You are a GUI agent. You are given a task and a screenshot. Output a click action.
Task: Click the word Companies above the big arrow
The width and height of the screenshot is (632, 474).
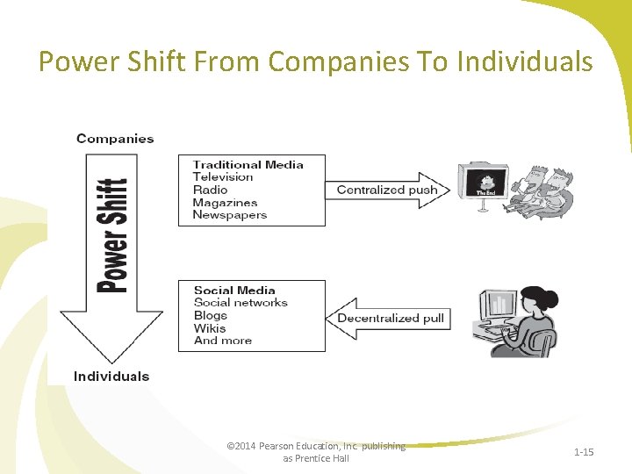pos(115,139)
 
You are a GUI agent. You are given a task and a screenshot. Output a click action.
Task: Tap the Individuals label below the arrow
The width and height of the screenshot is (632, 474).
pos(111,377)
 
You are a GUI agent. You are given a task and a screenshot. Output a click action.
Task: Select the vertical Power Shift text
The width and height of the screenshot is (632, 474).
pos(111,235)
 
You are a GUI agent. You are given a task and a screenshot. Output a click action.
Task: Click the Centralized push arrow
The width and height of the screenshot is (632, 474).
pos(387,190)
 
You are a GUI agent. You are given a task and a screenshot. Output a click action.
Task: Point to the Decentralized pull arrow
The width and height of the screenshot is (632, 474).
pos(389,318)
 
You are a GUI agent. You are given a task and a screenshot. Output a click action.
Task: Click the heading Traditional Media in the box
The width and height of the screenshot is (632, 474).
pos(248,164)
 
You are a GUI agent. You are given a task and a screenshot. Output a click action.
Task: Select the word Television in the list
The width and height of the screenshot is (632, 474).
pos(223,176)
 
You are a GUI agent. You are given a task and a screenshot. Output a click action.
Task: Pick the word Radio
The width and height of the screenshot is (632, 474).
pos(210,190)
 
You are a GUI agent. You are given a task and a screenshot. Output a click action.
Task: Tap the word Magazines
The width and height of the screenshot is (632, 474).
pos(225,203)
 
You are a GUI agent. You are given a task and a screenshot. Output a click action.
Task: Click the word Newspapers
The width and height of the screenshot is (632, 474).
pos(229,215)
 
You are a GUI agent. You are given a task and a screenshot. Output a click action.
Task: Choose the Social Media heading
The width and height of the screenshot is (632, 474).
pos(234,291)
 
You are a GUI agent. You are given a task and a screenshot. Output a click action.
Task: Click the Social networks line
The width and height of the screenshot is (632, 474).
pos(241,303)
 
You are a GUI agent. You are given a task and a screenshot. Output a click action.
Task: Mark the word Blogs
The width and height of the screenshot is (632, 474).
pos(211,315)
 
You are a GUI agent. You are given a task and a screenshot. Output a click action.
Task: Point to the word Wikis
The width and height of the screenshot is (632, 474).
pos(210,328)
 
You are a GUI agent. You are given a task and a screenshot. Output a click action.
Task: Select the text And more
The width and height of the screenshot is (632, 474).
pos(223,341)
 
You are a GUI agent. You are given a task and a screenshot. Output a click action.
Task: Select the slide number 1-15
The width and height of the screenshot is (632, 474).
pos(584,452)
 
